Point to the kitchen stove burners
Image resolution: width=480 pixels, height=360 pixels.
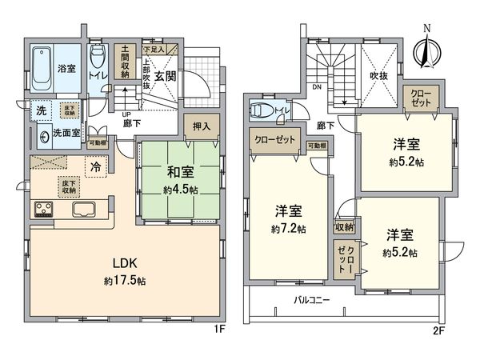[x=43, y=210]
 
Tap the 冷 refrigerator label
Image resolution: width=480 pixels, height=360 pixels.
[x=94, y=169]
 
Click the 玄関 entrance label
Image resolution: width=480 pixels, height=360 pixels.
[x=166, y=77]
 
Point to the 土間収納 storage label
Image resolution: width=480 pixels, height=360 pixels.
[x=124, y=63]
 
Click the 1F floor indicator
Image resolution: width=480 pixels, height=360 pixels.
[x=226, y=328]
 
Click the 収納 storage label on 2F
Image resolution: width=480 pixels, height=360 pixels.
[x=346, y=228]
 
